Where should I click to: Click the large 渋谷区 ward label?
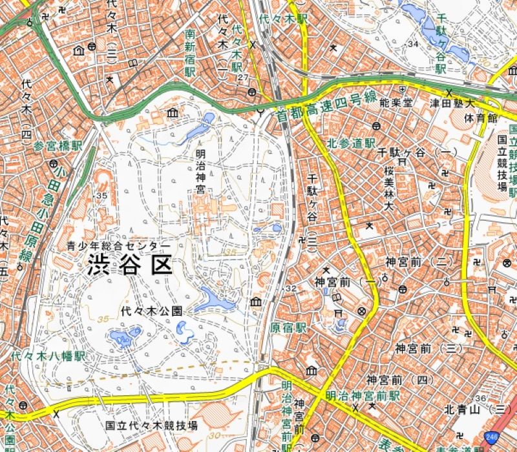click(131, 265)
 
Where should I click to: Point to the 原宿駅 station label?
click(288, 327)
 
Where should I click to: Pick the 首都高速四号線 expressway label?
click(326, 107)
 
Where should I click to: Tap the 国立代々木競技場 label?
click(151, 426)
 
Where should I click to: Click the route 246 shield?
click(496, 437)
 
